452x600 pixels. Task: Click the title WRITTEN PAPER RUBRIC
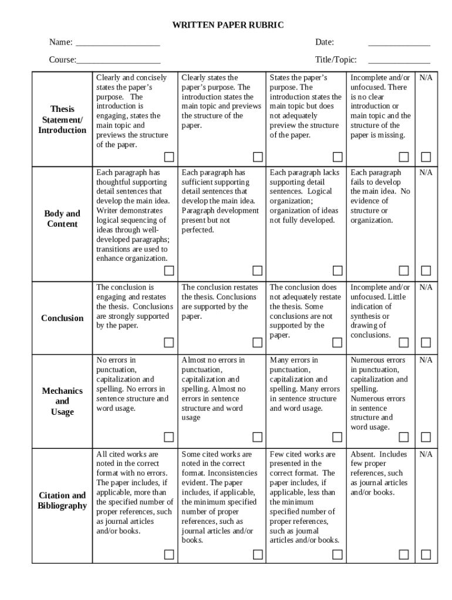tap(227, 25)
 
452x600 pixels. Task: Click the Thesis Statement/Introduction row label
tap(62, 120)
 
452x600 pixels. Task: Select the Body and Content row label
tap(62, 219)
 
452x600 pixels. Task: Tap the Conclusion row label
tap(62, 318)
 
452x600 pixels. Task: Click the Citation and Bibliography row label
tap(62, 500)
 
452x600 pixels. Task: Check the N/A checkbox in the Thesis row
tap(426, 156)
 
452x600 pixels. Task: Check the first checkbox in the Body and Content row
tap(168, 270)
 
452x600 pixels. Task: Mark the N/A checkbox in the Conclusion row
tap(426, 342)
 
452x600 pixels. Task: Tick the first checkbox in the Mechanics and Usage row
tap(168, 437)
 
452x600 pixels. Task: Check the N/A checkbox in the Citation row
tap(426, 554)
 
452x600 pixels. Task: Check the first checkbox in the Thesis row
tap(168, 156)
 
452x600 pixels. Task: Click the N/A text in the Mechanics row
tap(426, 360)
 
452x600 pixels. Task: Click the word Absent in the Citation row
tap(362, 454)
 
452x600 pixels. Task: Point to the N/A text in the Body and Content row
tap(426, 173)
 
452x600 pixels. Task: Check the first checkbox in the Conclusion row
tap(168, 342)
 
